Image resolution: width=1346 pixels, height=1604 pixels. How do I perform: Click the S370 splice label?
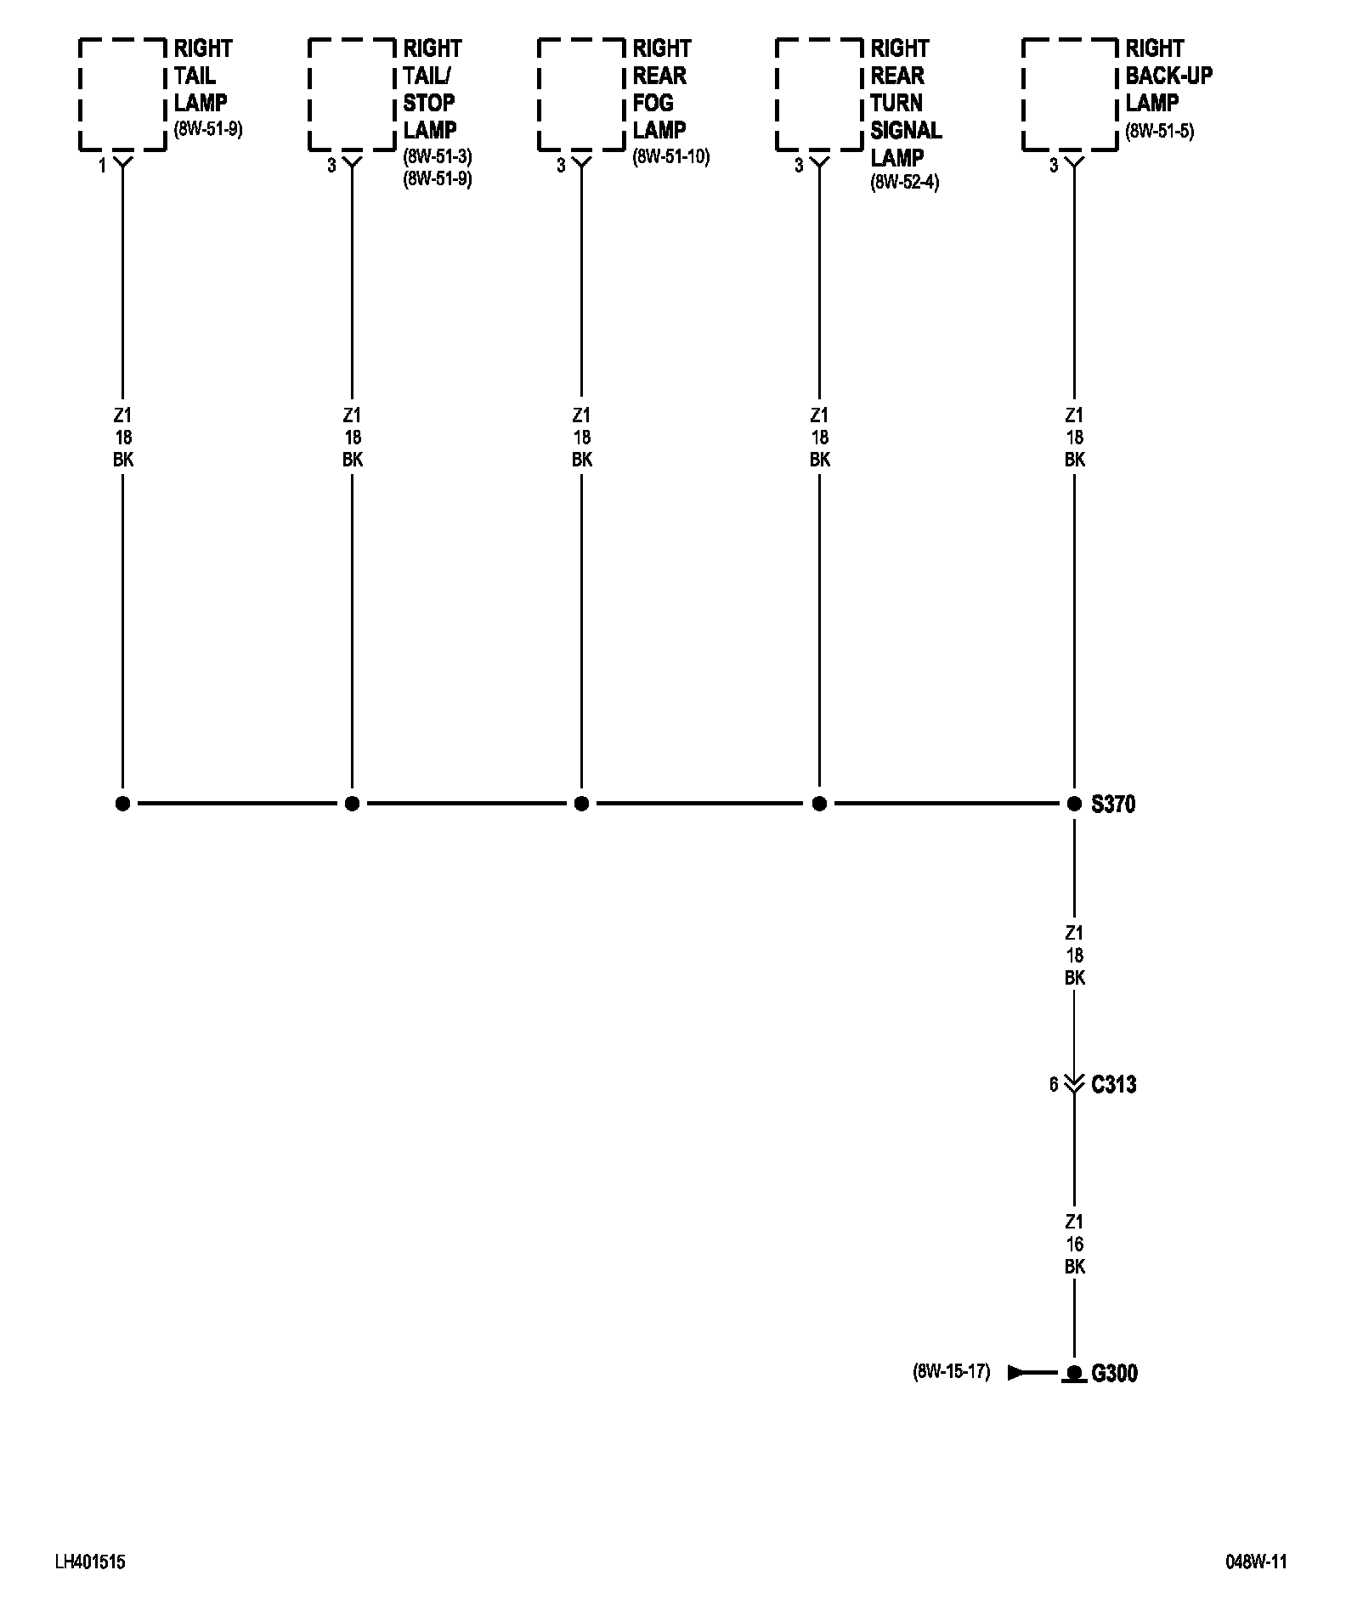click(x=1113, y=804)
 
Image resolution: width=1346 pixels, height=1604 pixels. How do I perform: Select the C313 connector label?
click(x=1113, y=1085)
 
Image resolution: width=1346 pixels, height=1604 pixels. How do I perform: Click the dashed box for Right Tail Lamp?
click(x=122, y=94)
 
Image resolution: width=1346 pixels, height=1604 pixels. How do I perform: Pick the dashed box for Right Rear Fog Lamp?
click(x=581, y=94)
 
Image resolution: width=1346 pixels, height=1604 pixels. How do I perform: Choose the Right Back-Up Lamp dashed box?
click(x=1070, y=94)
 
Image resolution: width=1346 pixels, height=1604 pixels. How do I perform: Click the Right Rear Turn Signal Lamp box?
click(x=819, y=94)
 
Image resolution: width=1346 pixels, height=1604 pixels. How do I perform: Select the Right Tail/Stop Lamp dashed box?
click(x=352, y=94)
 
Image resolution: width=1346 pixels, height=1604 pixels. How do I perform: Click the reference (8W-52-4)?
click(x=904, y=182)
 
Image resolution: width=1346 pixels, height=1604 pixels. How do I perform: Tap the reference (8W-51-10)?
click(x=670, y=156)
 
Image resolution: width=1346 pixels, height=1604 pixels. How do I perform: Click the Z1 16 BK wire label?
click(x=1074, y=1245)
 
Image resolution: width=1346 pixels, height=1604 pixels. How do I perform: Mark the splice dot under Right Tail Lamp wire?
click(x=122, y=804)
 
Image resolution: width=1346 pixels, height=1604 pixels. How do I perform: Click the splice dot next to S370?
click(x=1074, y=804)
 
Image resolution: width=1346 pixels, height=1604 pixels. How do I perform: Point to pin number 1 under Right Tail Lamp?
click(x=102, y=167)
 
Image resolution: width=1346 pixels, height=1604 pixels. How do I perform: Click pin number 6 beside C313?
click(x=1054, y=1085)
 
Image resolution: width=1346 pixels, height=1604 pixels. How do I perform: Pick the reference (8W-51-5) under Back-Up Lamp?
click(x=1159, y=131)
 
